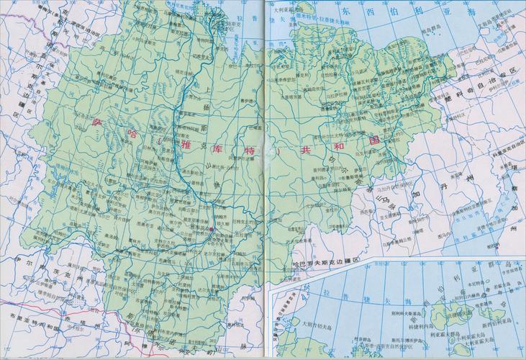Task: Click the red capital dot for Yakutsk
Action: point(212,230)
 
